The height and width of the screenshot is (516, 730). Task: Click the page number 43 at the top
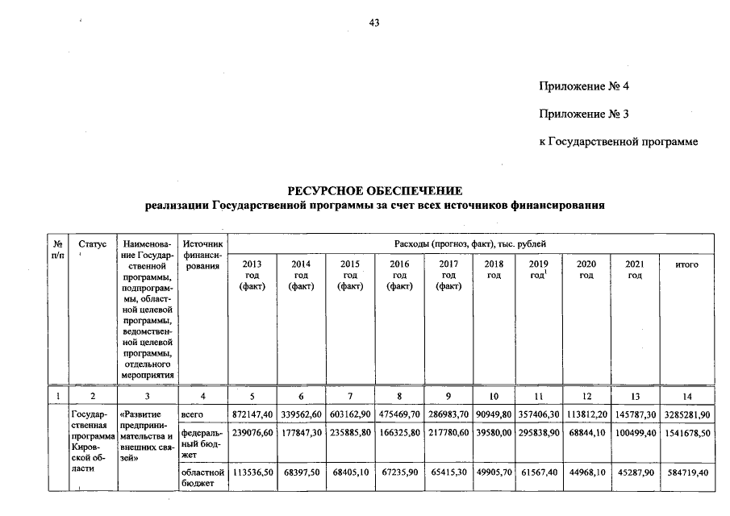[x=373, y=23]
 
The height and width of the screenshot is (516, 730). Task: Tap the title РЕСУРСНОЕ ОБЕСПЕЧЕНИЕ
[x=375, y=191]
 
